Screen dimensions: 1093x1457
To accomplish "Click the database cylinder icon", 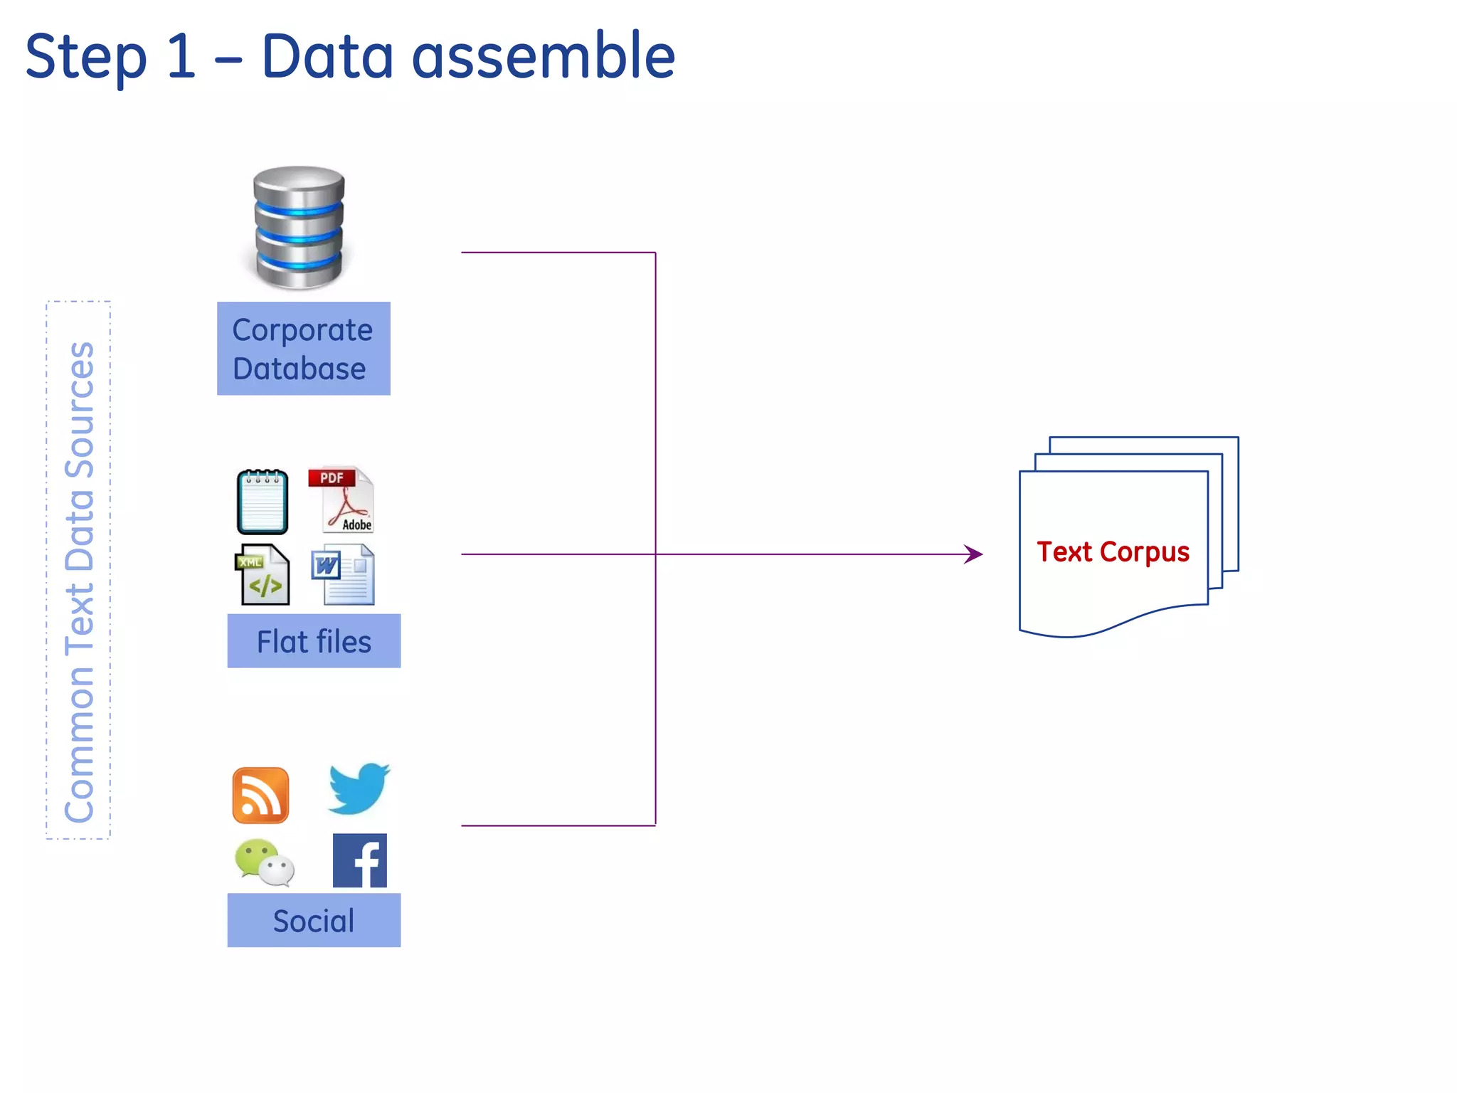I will [x=299, y=228].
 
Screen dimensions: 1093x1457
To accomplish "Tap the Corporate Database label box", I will [x=304, y=349].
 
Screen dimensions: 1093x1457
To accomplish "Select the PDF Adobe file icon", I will [x=341, y=500].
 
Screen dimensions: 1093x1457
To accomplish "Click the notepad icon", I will [x=263, y=502].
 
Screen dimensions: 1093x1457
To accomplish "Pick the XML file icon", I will [x=263, y=575].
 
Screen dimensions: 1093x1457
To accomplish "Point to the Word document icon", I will [x=344, y=575].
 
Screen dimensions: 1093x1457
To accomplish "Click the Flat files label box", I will [x=314, y=641].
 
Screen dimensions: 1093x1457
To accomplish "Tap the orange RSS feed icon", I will [x=260, y=796].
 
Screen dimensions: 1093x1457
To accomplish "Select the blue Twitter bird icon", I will [x=359, y=788].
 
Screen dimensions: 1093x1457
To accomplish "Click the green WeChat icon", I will [x=264, y=862].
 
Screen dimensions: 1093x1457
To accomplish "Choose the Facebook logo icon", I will [x=360, y=861].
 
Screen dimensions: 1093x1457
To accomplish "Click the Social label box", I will [x=314, y=920].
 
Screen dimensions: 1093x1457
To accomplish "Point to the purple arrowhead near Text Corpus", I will [x=974, y=554].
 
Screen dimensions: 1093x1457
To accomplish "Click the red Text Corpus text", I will [x=1113, y=552].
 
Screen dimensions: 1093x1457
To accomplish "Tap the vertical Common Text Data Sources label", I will [x=79, y=581].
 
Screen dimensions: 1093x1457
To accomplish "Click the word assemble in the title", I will [x=543, y=57].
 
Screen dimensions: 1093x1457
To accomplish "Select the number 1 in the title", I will [x=181, y=57].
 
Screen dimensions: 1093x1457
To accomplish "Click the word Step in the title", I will [x=85, y=57].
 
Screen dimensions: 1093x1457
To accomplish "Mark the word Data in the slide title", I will [x=328, y=57].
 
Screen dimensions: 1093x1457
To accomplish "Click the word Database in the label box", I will [x=300, y=369].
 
